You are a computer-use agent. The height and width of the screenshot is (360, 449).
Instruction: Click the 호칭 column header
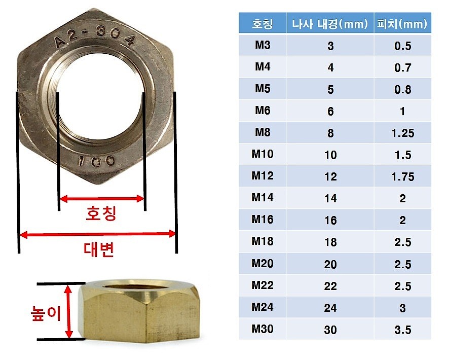pos(263,24)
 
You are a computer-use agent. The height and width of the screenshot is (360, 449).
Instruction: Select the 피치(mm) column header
pos(402,24)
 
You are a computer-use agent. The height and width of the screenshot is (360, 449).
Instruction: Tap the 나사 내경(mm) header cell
pos(330,24)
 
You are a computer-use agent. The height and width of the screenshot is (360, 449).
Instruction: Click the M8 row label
pos(263,133)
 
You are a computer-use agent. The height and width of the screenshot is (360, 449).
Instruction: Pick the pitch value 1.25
pos(402,133)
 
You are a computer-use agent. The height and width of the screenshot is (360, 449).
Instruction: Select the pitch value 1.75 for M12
pos(402,177)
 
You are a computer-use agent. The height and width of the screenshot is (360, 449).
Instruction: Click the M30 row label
pos(263,330)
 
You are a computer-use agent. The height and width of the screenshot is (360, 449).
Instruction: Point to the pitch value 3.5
pos(402,330)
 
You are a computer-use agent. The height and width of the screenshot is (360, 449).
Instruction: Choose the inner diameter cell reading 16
pos(330,221)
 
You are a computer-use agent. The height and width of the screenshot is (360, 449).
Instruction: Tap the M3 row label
pos(263,46)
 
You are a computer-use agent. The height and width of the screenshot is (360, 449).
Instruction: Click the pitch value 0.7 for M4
pos(402,68)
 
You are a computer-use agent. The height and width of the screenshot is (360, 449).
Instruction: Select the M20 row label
pos(263,264)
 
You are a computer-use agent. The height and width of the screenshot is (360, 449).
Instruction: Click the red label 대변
pos(98,249)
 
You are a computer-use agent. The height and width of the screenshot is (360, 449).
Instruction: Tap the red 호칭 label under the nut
pos(101,213)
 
